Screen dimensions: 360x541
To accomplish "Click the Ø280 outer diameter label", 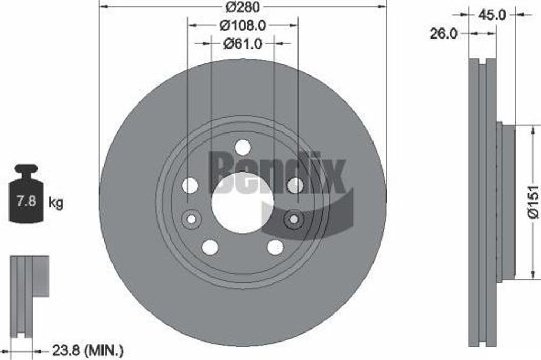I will coord(242,7).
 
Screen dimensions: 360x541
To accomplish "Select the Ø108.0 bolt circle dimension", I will coord(242,25).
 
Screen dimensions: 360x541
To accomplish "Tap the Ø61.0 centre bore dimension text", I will coord(242,44).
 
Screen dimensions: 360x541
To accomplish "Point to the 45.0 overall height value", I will coord(492,15).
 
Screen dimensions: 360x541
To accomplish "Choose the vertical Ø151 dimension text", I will coord(533,201).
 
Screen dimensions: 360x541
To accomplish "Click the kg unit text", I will coord(56,203).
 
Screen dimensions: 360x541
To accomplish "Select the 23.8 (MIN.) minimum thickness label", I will coord(87,349).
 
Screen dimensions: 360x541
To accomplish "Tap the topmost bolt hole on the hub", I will coord(242,148).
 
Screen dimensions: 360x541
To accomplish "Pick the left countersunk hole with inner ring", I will coord(191,219).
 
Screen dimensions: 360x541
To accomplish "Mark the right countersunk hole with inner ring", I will coord(294,219).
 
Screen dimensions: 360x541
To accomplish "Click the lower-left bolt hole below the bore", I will coord(210,247).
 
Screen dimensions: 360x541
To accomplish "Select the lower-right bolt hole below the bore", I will coord(275,247).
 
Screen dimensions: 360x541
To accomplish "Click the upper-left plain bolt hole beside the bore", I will coord(190,185).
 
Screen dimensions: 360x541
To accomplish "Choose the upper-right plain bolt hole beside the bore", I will coord(295,185).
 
